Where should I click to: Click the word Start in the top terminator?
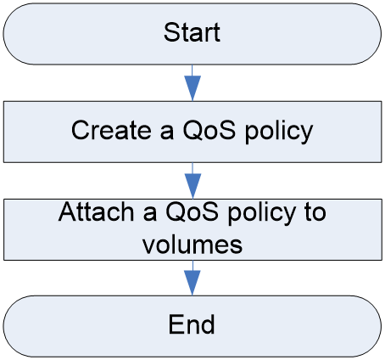coord(192,32)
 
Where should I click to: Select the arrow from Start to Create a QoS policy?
coord(192,82)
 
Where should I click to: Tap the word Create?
coord(111,130)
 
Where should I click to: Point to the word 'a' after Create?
coord(167,132)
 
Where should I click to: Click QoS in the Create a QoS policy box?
coord(209,130)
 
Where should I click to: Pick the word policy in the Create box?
coord(279,132)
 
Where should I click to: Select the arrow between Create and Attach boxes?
coord(192,181)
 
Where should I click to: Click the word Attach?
coord(96,211)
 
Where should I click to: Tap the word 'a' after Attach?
coord(150,214)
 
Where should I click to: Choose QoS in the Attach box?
coord(192,211)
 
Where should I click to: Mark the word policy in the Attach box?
coord(262,213)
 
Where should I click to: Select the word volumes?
coord(192,245)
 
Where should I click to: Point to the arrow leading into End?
coord(192,278)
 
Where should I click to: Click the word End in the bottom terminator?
coord(192,324)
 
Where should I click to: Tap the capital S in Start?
coord(172,32)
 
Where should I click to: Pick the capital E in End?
coord(176,324)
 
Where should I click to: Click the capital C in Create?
coord(81,130)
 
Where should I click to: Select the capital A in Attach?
coord(68,211)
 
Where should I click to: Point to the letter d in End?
coord(208,324)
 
